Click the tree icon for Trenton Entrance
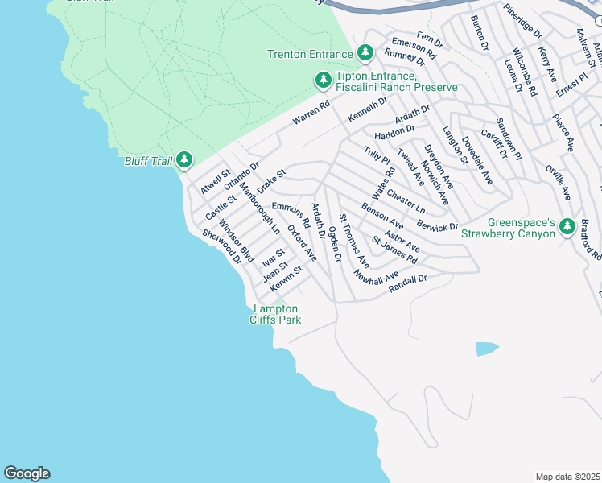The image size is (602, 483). [x=365, y=53]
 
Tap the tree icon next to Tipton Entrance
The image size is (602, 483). [x=323, y=80]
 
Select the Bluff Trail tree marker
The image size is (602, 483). [x=184, y=160]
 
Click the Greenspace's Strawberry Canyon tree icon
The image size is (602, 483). [x=567, y=227]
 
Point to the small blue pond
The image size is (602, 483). [x=486, y=349]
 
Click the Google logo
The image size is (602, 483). [x=27, y=473]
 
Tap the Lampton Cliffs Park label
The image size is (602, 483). [x=277, y=314]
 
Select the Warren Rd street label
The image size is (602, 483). [x=311, y=112]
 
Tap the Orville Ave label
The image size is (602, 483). [x=558, y=183]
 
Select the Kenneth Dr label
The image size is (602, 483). [x=367, y=109]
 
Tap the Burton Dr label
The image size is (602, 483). [x=479, y=33]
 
